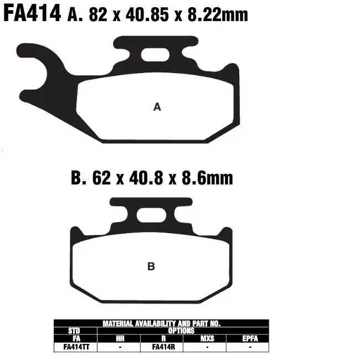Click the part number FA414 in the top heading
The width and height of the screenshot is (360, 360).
32,13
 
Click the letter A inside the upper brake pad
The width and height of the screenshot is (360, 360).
157,107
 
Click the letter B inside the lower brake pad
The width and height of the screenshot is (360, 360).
151,266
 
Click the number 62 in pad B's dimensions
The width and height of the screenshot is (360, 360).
100,178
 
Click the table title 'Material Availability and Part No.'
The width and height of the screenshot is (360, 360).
161,323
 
